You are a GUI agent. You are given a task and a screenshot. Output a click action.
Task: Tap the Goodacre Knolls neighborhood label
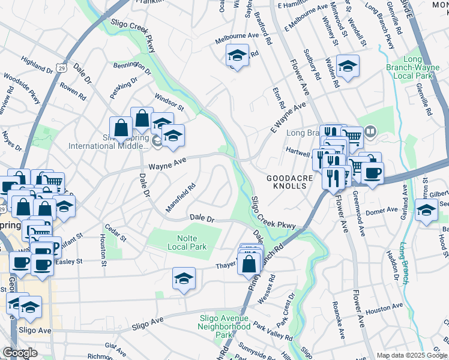(x=287, y=182)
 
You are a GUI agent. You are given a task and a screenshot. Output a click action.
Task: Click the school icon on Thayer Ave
(x=184, y=278)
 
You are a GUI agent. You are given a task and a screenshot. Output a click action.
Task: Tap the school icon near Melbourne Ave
(x=237, y=56)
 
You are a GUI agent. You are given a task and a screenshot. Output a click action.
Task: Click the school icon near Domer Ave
(x=426, y=211)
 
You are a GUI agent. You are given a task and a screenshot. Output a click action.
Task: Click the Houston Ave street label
(x=384, y=310)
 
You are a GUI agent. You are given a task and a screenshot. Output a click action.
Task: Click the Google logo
(x=20, y=353)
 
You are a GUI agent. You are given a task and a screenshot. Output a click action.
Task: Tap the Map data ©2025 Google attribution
(x=412, y=355)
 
